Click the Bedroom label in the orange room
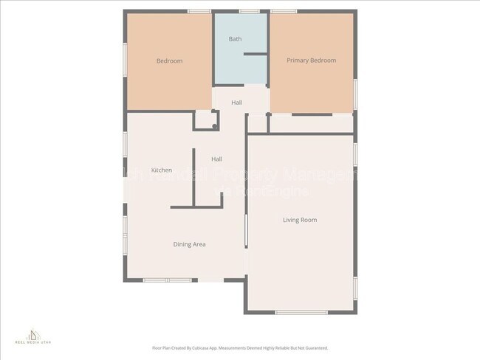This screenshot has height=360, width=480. pyautogui.click(x=169, y=61)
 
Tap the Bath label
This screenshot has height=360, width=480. pyautogui.click(x=235, y=39)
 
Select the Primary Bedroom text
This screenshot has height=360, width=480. pyautogui.click(x=311, y=60)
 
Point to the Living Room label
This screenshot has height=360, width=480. pyautogui.click(x=299, y=220)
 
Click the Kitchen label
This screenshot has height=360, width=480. pyautogui.click(x=162, y=170)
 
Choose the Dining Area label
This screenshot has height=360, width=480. pyautogui.click(x=189, y=244)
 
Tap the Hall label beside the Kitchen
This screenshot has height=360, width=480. pyautogui.click(x=216, y=159)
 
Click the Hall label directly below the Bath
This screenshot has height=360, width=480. pyautogui.click(x=236, y=103)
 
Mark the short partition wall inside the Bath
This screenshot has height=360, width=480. pyautogui.click(x=256, y=54)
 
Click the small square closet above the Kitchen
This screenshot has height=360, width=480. pyautogui.click(x=204, y=120)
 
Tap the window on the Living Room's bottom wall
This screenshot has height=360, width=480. pyautogui.click(x=301, y=313)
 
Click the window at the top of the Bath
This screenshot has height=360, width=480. pyautogui.click(x=249, y=11)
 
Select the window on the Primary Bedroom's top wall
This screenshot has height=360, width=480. pyautogui.click(x=284, y=11)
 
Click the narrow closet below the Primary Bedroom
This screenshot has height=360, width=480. pyautogui.click(x=310, y=123)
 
